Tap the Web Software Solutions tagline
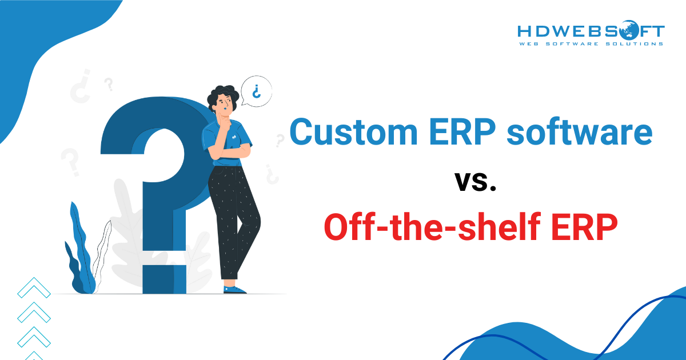pyautogui.click(x=591, y=43)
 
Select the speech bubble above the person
pyautogui.click(x=256, y=91)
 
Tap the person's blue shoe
pyautogui.click(x=234, y=289)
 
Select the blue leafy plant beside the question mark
pyautogui.click(x=80, y=251)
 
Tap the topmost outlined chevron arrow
pyautogui.click(x=34, y=288)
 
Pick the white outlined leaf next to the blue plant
pyautogui.click(x=102, y=251)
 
